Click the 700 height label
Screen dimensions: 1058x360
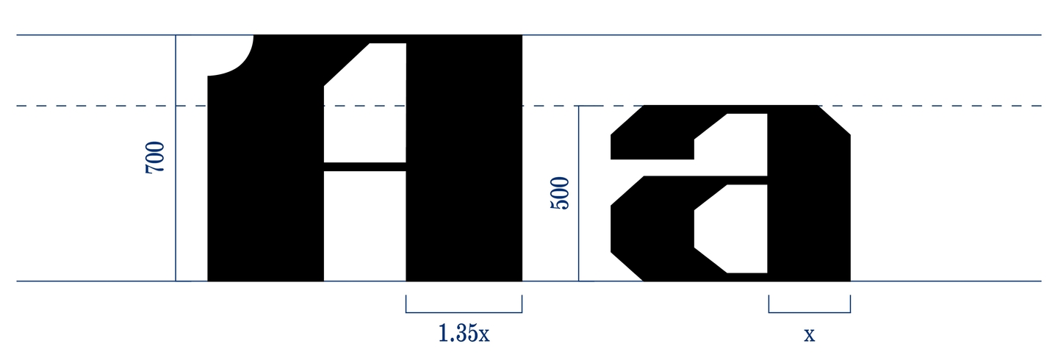point(155,157)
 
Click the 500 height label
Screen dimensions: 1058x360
point(560,192)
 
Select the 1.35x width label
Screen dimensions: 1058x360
point(464,333)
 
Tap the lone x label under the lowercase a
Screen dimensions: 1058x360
point(809,335)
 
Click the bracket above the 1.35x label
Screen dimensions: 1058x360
point(464,312)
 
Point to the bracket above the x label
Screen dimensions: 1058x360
point(810,312)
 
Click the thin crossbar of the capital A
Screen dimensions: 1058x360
point(364,167)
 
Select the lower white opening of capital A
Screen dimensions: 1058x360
point(364,226)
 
